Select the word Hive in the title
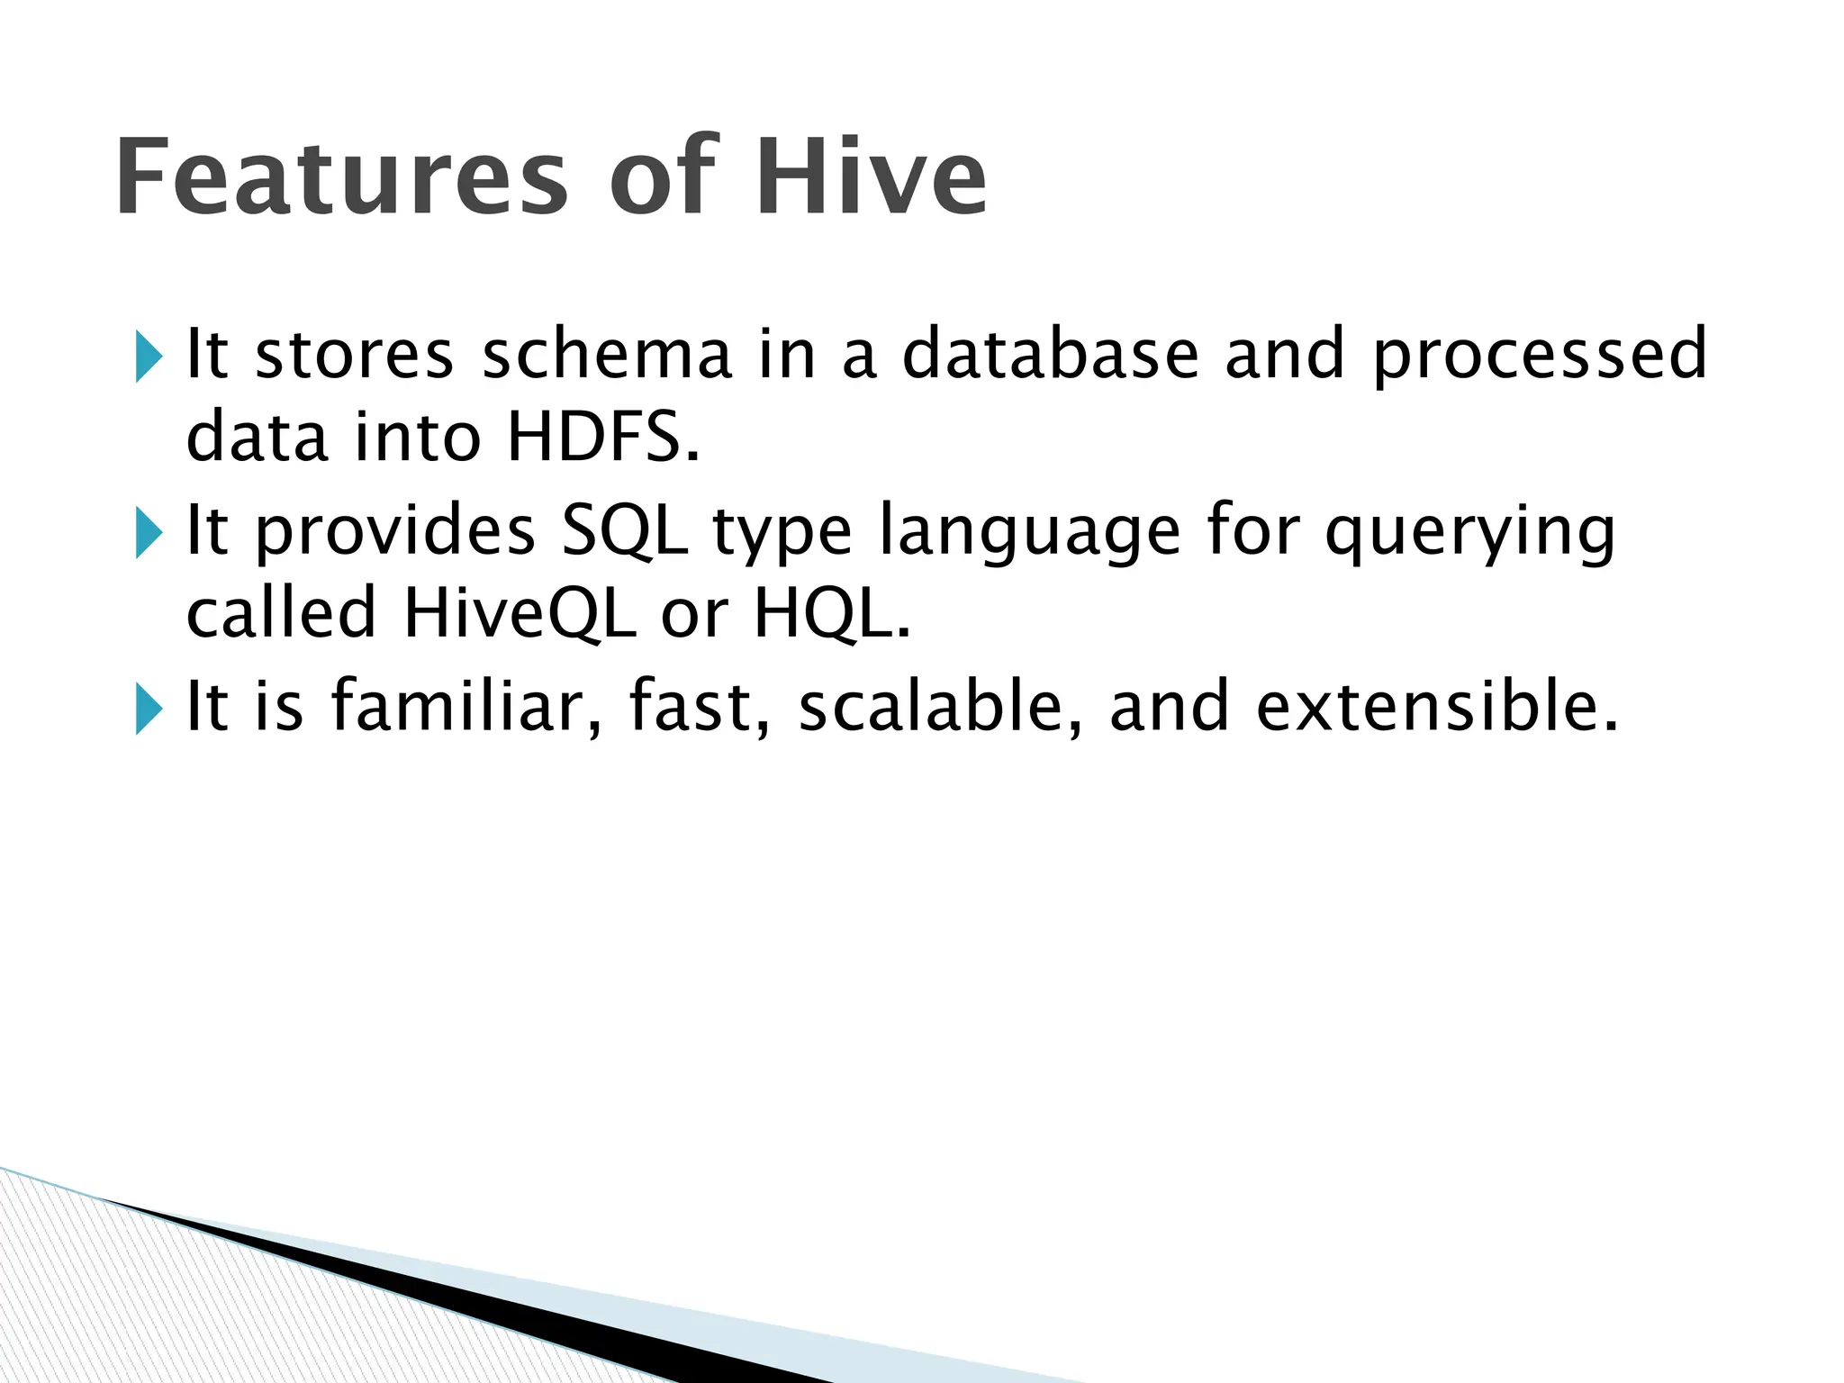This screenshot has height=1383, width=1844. click(871, 176)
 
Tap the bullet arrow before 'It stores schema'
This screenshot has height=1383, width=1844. click(149, 357)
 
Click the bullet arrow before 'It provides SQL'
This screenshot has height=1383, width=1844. click(149, 532)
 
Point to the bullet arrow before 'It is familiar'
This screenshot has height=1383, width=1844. click(149, 709)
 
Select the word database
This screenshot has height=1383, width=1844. click(1051, 354)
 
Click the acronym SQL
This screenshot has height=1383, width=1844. click(624, 531)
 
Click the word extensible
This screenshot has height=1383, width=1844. click(1437, 706)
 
